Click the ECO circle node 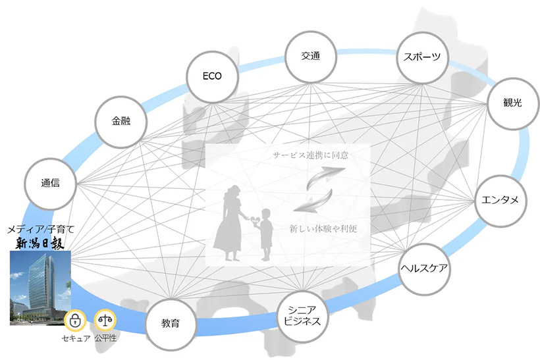coord(212,77)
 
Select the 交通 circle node coord(311,57)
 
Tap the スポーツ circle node coord(423,57)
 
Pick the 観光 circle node coord(513,103)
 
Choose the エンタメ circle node coord(500,201)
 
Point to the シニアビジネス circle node coord(303,317)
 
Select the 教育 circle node coord(171,324)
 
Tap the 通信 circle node coord(50,184)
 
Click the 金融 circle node coord(121,122)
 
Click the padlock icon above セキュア coord(75,321)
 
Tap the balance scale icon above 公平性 coord(105,321)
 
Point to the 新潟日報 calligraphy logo coord(40,244)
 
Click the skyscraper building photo coord(40,288)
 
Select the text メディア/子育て coord(41,229)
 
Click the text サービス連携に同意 coord(310,155)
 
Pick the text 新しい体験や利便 coord(323,228)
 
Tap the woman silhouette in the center coord(230,223)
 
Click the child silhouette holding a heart coord(265,234)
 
